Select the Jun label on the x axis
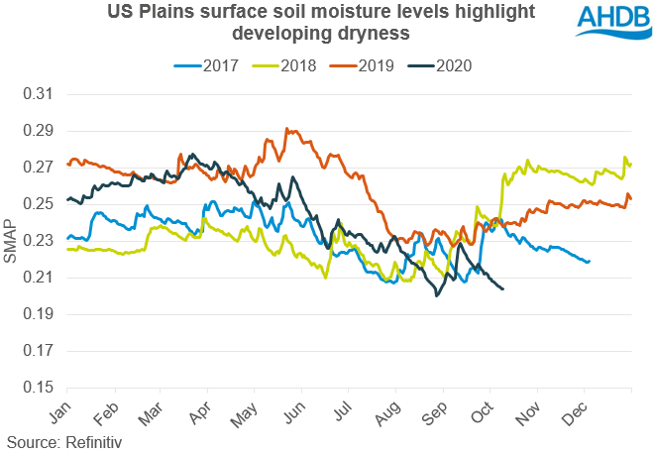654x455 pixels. pyautogui.click(x=294, y=409)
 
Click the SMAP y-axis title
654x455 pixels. pyautogui.click(x=11, y=241)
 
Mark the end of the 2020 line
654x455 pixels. pyautogui.click(x=503, y=288)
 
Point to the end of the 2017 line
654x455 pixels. pyautogui.click(x=590, y=262)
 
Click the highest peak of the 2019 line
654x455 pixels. pyautogui.click(x=286, y=128)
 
